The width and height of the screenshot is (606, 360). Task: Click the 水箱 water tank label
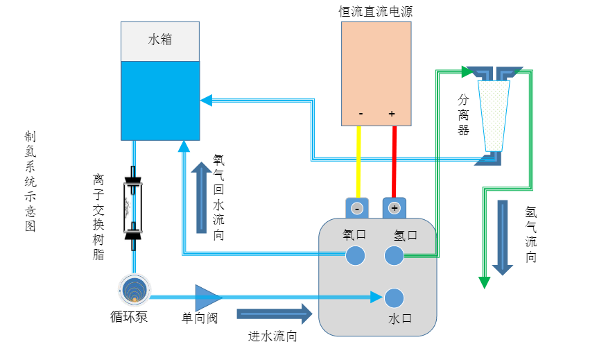click(x=160, y=40)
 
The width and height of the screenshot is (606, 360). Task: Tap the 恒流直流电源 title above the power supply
click(x=376, y=11)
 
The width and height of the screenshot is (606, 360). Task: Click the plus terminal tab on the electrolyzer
click(x=395, y=208)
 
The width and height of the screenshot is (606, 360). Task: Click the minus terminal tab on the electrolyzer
click(x=356, y=208)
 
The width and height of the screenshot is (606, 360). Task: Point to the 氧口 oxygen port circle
click(x=356, y=255)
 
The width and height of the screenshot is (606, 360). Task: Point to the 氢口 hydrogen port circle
click(x=394, y=255)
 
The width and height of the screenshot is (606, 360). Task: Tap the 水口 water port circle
click(x=394, y=298)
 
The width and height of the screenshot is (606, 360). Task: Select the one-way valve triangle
click(x=207, y=298)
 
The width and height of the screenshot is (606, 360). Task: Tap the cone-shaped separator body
click(x=495, y=114)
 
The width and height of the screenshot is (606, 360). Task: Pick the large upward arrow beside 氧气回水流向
click(x=202, y=197)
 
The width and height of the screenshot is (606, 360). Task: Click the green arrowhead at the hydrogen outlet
click(x=484, y=282)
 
